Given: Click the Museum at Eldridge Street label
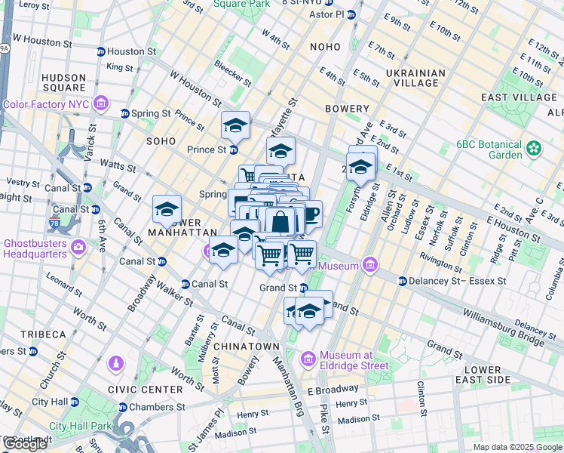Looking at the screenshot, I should point(354,360).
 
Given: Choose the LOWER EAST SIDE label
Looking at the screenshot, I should point(489,374).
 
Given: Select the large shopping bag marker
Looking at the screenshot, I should point(280,223).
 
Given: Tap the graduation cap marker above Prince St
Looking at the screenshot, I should point(235,125).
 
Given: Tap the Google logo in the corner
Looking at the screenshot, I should point(26,444).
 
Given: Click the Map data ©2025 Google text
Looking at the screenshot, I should point(517,447).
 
